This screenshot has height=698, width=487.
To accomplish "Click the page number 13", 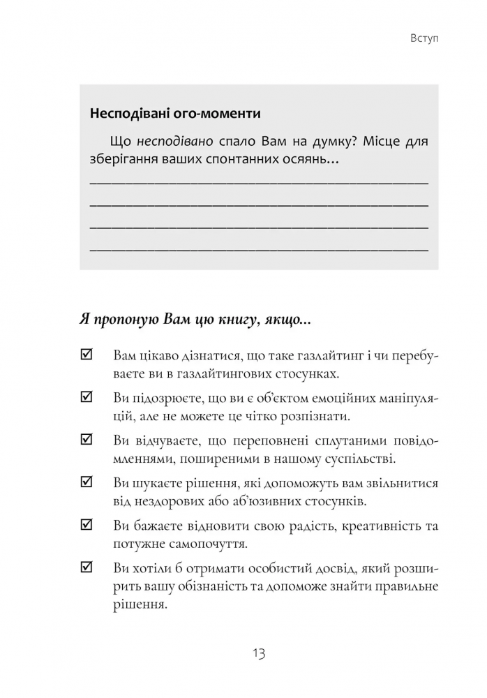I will (259, 654).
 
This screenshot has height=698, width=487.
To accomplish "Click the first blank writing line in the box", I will (259, 182).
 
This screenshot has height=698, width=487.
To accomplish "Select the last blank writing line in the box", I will (259, 249).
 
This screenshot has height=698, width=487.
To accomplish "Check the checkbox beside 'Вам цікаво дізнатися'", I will (87, 355).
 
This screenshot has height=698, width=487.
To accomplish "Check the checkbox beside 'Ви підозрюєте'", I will (87, 398).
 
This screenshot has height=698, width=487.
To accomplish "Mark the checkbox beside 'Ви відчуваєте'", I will (87, 440).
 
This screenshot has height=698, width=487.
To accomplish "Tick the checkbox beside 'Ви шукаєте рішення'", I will (87, 482).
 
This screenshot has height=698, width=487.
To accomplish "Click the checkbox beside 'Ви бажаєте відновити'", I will (87, 525).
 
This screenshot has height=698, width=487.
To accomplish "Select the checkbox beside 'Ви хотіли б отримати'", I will (87, 567).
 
